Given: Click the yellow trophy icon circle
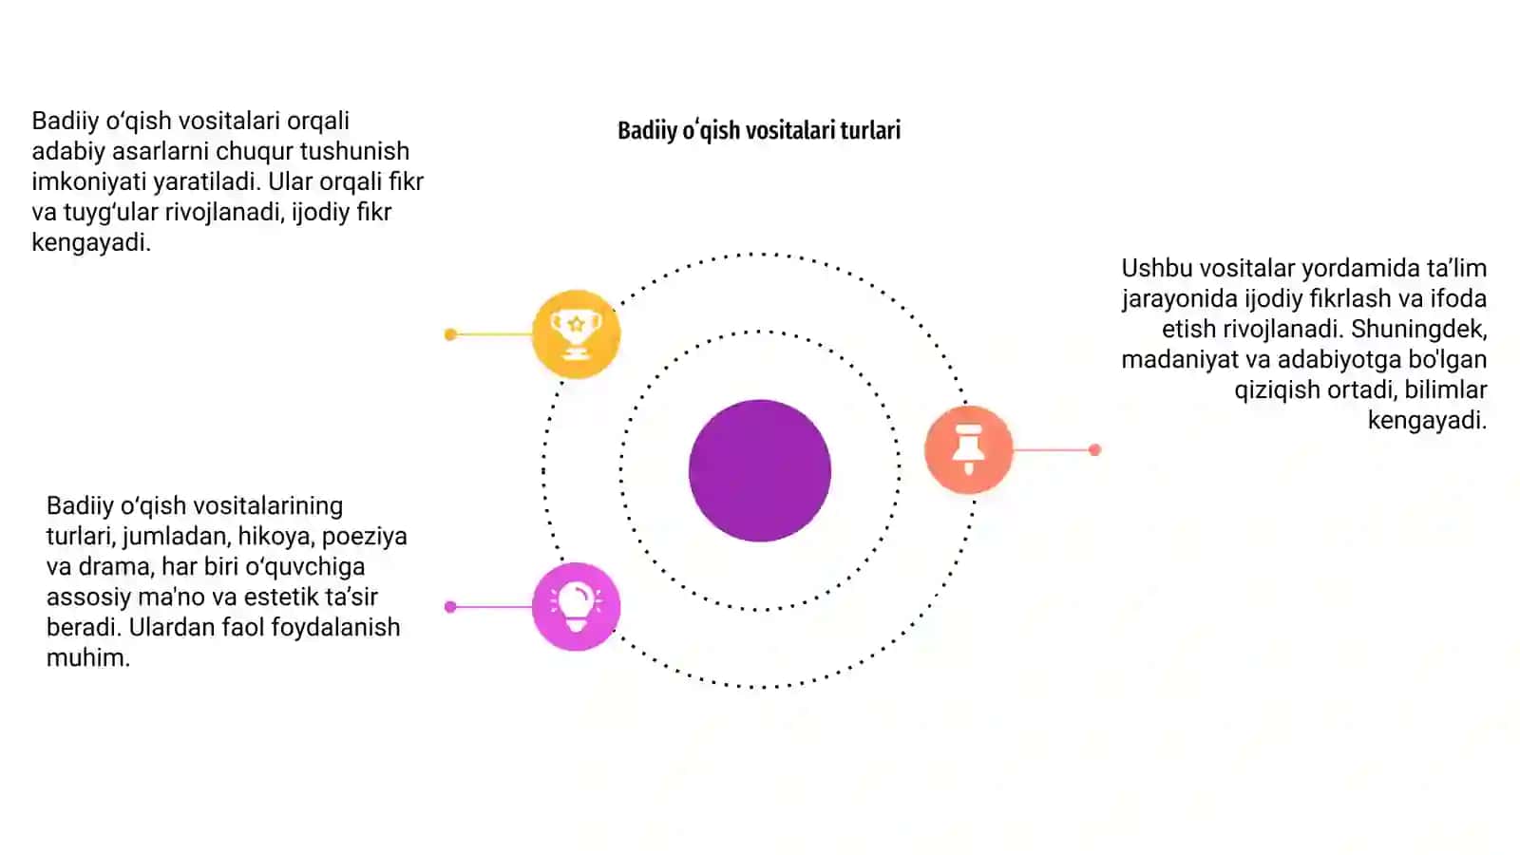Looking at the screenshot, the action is pos(576,333).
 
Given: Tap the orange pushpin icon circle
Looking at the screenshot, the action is pos(968,449).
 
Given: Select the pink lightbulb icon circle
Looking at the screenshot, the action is pos(576,607).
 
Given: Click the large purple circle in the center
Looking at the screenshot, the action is pos(760,471).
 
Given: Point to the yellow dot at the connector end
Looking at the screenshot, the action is pos(450,334).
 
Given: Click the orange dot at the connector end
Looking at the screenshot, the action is pos(1094,450).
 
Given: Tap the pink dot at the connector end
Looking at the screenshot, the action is pos(450,607).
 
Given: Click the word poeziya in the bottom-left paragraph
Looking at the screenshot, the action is pos(365,537).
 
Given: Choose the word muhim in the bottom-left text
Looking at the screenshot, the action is pos(87,657).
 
